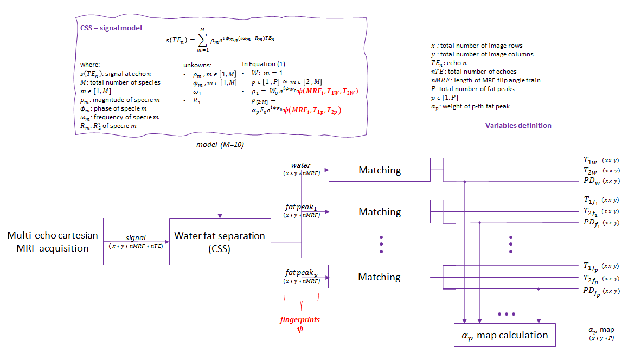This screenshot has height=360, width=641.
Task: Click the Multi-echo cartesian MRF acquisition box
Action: [x=53, y=241]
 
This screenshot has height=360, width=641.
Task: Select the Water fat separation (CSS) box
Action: [x=220, y=242]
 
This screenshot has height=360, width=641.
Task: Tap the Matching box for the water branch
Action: [x=380, y=170]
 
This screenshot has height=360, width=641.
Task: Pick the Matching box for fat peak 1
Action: [x=380, y=211]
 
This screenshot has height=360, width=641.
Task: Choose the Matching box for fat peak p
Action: [x=380, y=277]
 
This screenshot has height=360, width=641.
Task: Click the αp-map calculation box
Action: [x=504, y=335]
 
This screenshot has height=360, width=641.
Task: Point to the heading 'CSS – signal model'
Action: [x=107, y=28]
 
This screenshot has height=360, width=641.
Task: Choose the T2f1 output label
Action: [x=591, y=211]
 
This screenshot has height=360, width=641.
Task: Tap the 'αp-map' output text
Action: [x=601, y=330]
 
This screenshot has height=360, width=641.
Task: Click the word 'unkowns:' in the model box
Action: [x=198, y=65]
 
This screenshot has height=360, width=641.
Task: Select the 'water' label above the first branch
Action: [x=301, y=165]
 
